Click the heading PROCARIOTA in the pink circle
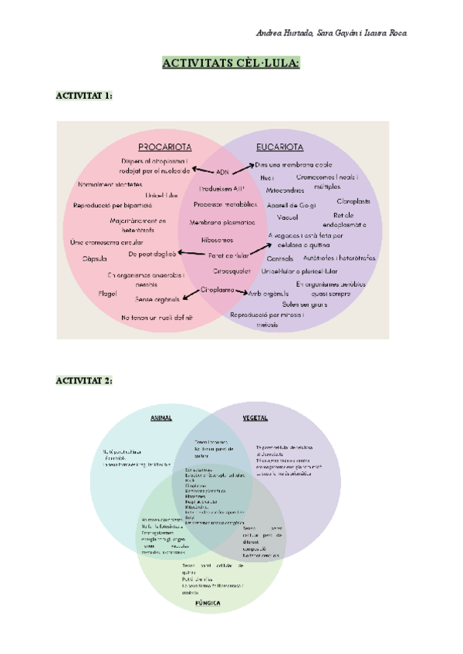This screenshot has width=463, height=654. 164,147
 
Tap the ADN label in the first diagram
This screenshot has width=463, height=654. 222,171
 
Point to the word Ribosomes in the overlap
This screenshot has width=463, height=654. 217,239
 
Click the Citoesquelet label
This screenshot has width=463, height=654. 231,271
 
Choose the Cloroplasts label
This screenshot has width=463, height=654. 353,201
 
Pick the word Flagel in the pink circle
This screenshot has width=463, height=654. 108,293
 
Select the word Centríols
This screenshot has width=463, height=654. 279,258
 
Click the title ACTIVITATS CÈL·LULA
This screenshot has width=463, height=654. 231,62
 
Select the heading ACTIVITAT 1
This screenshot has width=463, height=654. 85,95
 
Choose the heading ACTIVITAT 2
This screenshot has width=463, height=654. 85,381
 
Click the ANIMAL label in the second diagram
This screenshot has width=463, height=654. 161,418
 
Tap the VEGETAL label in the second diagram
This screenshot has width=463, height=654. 255,418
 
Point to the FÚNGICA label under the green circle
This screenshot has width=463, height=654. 208,603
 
